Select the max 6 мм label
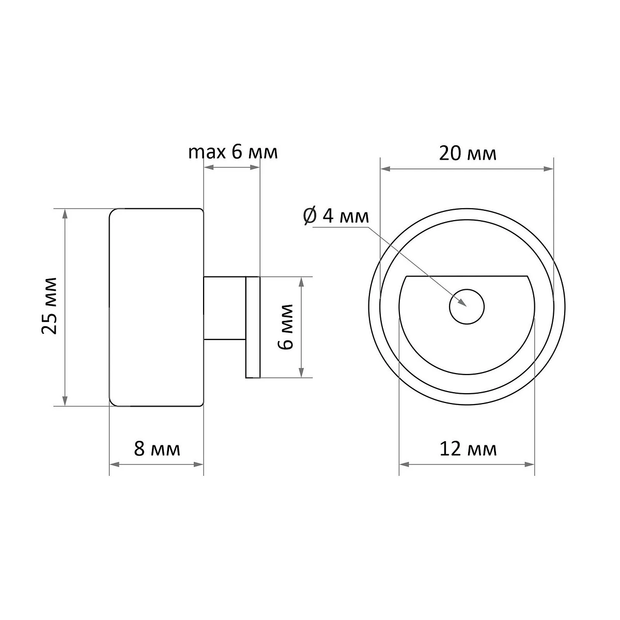point(233,152)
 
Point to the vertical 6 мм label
point(285,327)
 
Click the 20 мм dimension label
point(468,153)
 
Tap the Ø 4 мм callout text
point(336,216)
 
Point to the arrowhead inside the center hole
point(462,302)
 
